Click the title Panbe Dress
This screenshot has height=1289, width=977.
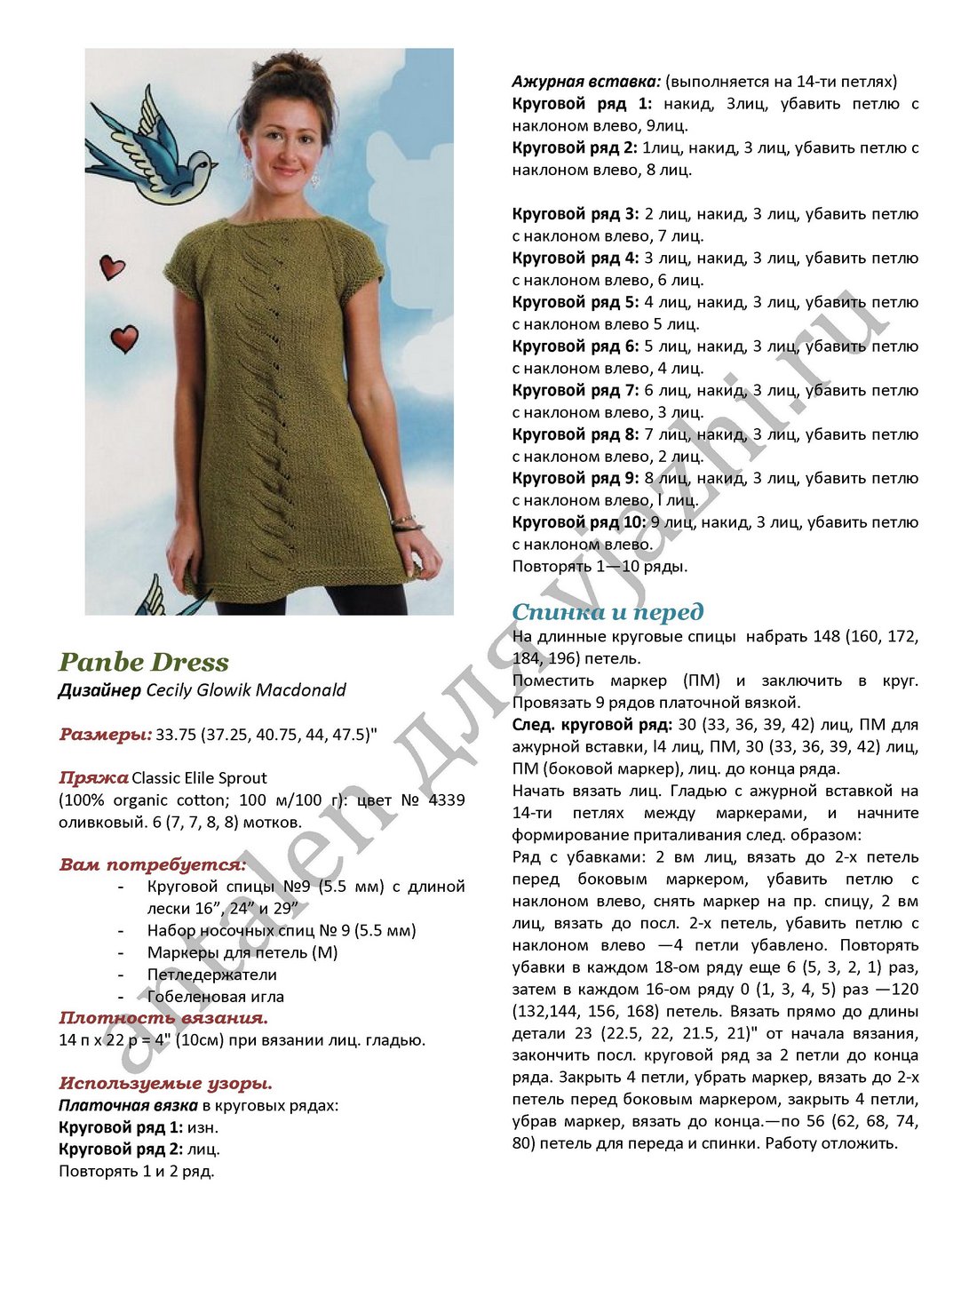pyautogui.click(x=144, y=662)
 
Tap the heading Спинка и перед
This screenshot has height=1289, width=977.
pyautogui.click(x=608, y=612)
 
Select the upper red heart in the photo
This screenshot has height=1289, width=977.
pyautogui.click(x=112, y=267)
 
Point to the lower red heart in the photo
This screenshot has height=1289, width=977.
pyautogui.click(x=124, y=338)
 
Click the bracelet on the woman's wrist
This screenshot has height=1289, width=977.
pyautogui.click(x=404, y=522)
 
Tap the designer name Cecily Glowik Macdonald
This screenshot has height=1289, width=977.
pyautogui.click(x=246, y=690)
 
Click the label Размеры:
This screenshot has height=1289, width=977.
pyautogui.click(x=105, y=735)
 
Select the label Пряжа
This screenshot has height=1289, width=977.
pyautogui.click(x=93, y=778)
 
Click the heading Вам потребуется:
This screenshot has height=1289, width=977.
pyautogui.click(x=152, y=865)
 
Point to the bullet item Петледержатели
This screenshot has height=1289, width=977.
pyautogui.click(x=212, y=975)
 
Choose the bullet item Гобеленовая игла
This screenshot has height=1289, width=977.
pyautogui.click(x=216, y=997)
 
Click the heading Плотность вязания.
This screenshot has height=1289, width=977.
pyautogui.click(x=163, y=1018)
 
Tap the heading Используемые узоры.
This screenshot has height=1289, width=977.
pyautogui.click(x=165, y=1084)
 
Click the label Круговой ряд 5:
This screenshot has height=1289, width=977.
pyautogui.click(x=575, y=302)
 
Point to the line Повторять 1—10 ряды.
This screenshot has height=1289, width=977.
pyautogui.click(x=600, y=567)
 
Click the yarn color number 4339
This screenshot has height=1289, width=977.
pyautogui.click(x=446, y=800)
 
